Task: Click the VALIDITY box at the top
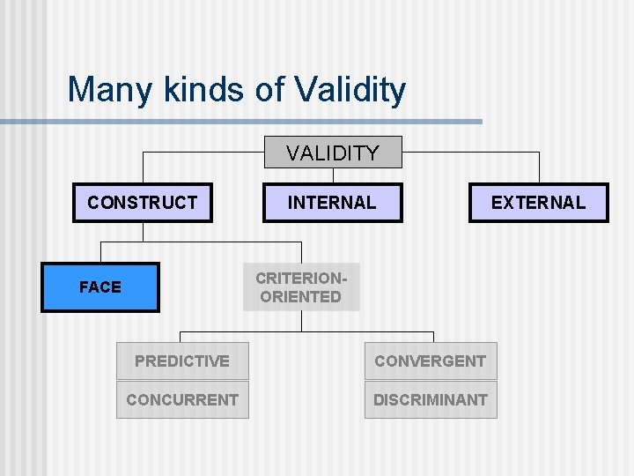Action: click(x=333, y=152)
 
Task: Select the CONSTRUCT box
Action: click(x=142, y=203)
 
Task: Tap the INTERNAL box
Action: click(x=332, y=203)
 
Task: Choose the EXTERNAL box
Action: click(x=537, y=203)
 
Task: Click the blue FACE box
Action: click(x=100, y=287)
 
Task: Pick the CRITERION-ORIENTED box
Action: click(x=301, y=287)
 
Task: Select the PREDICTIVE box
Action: click(x=182, y=361)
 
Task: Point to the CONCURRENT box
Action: click(x=182, y=400)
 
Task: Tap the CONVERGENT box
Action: click(x=430, y=361)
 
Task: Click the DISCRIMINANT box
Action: click(x=430, y=400)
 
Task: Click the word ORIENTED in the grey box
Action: click(x=301, y=297)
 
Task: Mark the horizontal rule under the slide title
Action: click(x=264, y=122)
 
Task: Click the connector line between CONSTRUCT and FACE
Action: click(x=143, y=231)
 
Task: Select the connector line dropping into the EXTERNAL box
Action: click(x=538, y=167)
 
